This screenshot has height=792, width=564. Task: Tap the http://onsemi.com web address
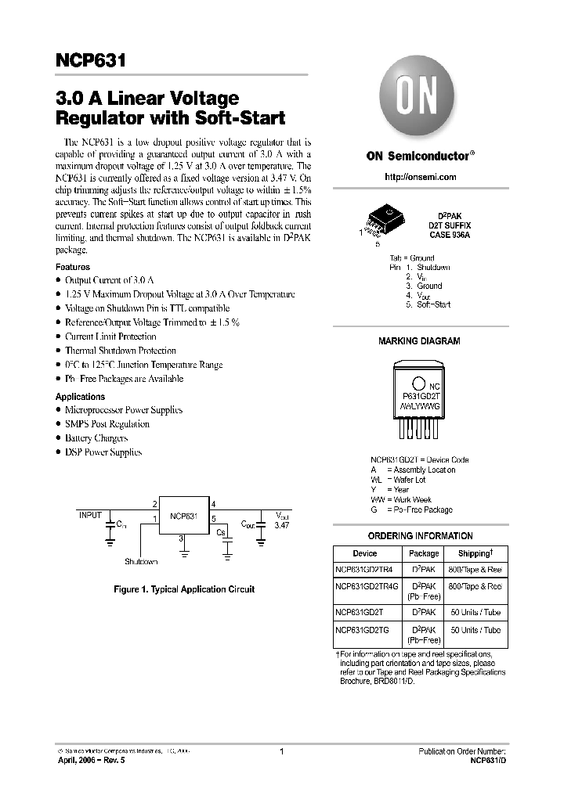(421, 178)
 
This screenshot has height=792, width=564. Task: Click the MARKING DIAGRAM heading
(419, 341)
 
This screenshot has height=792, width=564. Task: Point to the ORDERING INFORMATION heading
(420, 536)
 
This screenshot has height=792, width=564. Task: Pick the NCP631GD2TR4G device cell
(367, 586)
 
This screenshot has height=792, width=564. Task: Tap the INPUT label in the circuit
(90, 515)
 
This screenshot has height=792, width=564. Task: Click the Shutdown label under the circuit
(141, 562)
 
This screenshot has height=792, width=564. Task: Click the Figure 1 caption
(184, 589)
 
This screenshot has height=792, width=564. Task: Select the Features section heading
(73, 267)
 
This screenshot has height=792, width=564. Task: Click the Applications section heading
(80, 397)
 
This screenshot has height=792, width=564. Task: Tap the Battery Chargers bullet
(96, 438)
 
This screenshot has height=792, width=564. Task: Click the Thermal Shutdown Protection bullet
(120, 351)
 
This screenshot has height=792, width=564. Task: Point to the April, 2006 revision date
(88, 760)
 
